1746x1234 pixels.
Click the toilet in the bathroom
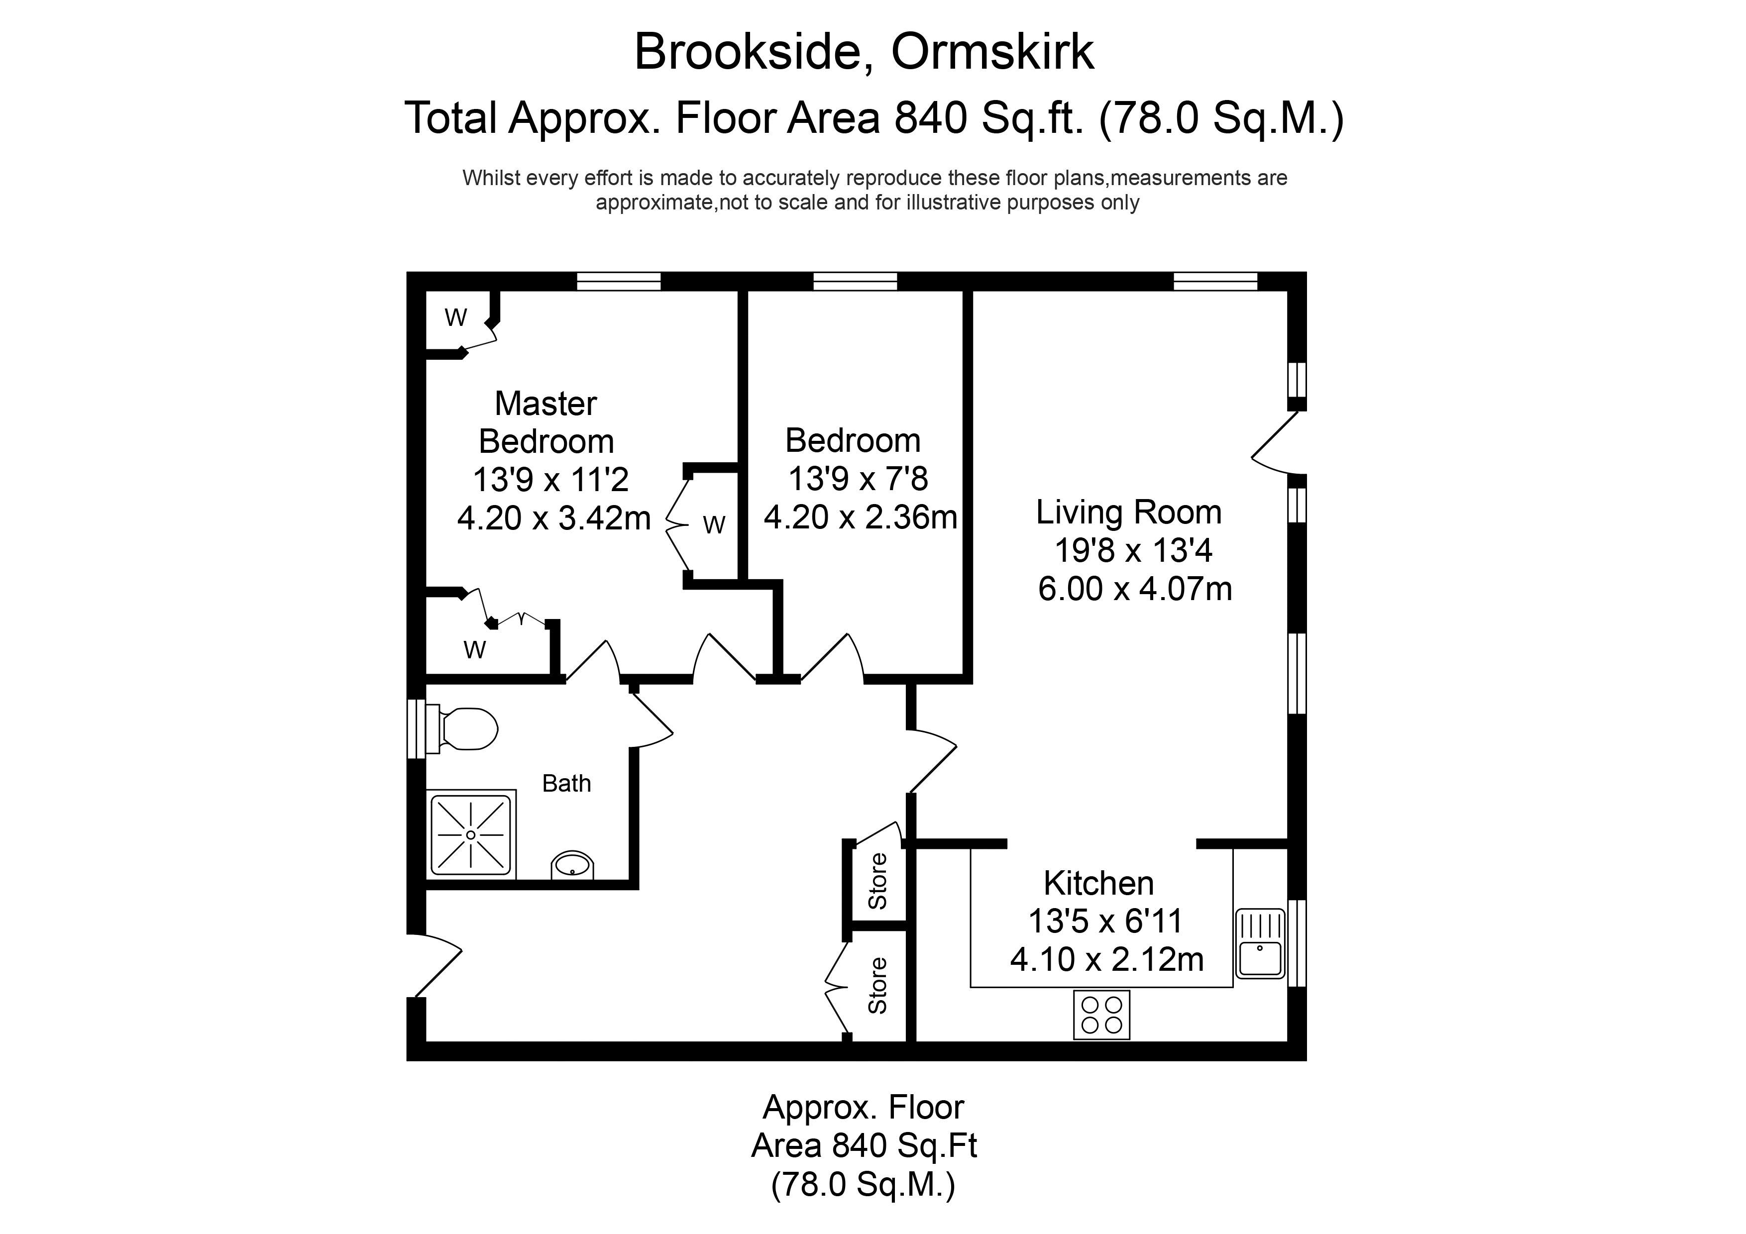coord(461,729)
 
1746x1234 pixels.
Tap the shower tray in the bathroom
coord(471,835)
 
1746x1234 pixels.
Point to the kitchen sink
coord(1260,943)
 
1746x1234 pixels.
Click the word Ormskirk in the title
coord(992,52)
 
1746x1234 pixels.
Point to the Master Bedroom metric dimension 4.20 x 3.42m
coord(553,518)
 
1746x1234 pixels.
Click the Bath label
coord(566,783)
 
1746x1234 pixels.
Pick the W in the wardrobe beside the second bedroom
coord(714,524)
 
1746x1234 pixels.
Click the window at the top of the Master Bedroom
coord(619,281)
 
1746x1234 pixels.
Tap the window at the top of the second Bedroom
coord(856,281)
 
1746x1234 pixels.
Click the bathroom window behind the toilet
coord(416,728)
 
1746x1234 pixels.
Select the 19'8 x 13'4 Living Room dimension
coord(1133,550)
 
